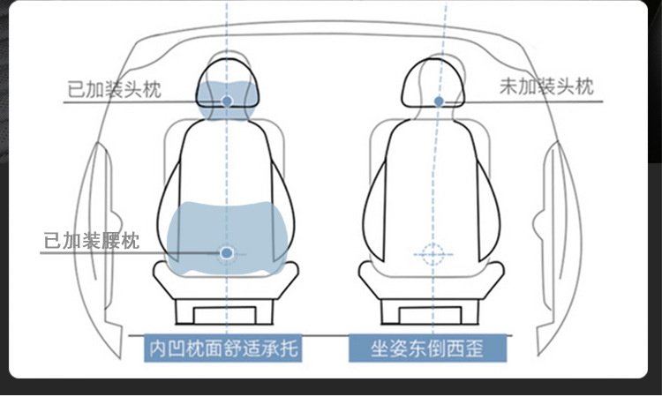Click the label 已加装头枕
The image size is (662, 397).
(114, 90)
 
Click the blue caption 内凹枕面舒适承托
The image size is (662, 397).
(223, 348)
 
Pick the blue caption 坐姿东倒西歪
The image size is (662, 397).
(427, 348)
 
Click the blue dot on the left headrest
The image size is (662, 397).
(227, 101)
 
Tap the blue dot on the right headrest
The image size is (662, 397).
(439, 101)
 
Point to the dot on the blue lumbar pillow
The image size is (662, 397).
(227, 253)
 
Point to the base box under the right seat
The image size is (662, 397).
(431, 311)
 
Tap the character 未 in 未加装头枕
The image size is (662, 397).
(510, 86)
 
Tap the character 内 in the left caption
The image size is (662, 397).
(158, 348)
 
